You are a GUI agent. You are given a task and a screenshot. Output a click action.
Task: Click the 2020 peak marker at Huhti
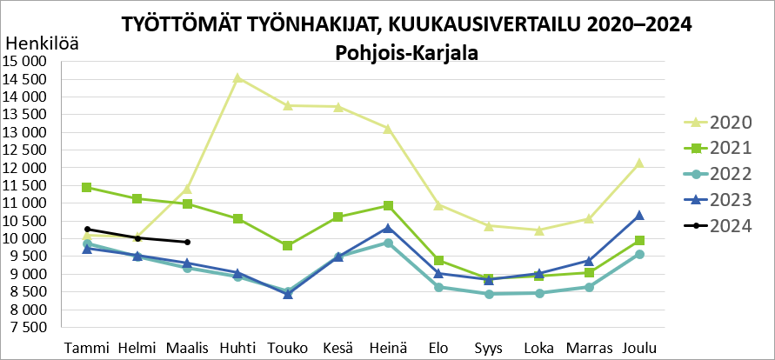(237, 78)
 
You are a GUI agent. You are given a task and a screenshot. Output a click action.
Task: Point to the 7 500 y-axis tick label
(27, 328)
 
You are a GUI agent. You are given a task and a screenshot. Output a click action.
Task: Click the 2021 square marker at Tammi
(87, 188)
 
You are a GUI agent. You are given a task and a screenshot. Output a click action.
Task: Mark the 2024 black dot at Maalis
(187, 243)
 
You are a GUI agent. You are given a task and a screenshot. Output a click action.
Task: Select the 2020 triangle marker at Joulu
(639, 163)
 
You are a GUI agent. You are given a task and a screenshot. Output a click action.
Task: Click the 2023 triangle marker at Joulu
(639, 215)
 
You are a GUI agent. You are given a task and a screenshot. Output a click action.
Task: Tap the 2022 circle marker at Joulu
(639, 254)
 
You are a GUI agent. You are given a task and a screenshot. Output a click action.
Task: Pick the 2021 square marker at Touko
(288, 246)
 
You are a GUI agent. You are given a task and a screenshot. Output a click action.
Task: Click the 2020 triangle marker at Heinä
(388, 129)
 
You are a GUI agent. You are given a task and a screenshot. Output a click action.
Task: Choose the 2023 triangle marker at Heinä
(388, 228)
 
